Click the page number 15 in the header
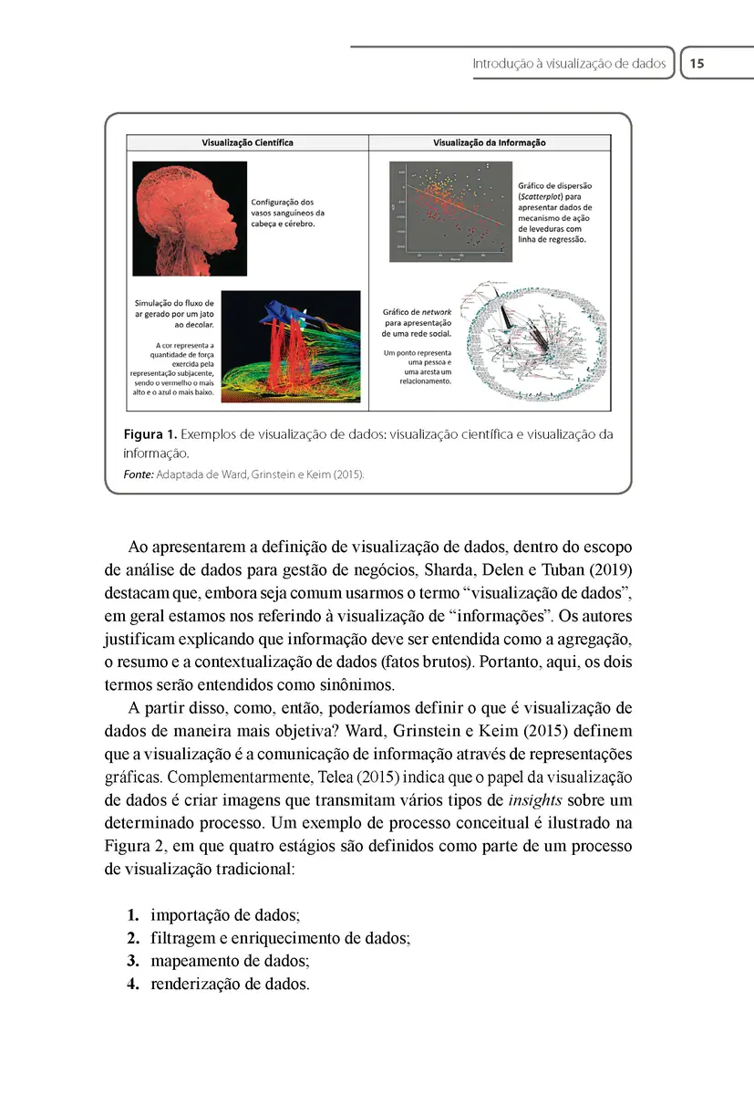coord(697,64)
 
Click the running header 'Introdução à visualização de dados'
coord(569,64)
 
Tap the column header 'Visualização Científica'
coord(247,143)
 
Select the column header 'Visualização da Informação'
coord(490,143)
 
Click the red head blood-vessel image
coord(190,219)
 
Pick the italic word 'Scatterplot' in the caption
coord(543,196)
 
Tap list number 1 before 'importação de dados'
coord(132,914)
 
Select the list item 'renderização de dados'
coord(230,985)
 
